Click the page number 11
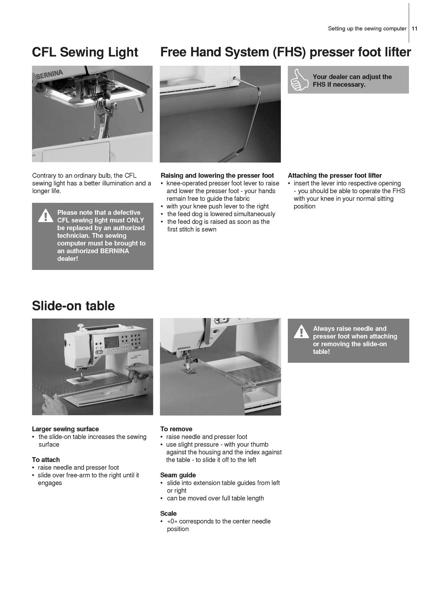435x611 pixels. [x=415, y=29]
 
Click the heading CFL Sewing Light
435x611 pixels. [x=85, y=52]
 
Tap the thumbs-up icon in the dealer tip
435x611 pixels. [x=300, y=80]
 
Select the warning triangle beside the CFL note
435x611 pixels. [x=46, y=216]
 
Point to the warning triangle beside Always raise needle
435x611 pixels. [x=301, y=332]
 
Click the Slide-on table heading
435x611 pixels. [x=73, y=305]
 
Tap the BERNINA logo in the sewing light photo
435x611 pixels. [x=49, y=73]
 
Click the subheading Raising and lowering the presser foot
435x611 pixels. [x=217, y=176]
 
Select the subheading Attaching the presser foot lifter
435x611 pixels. [x=335, y=176]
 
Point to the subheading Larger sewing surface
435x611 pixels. [x=65, y=429]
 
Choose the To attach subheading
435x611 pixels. [x=46, y=460]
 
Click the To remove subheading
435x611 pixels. [x=176, y=429]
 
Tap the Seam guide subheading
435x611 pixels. [x=178, y=475]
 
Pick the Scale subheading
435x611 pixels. [x=168, y=514]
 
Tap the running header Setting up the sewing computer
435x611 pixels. [x=367, y=29]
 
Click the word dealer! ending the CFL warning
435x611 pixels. [x=68, y=259]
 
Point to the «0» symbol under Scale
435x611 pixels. [x=172, y=521]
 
